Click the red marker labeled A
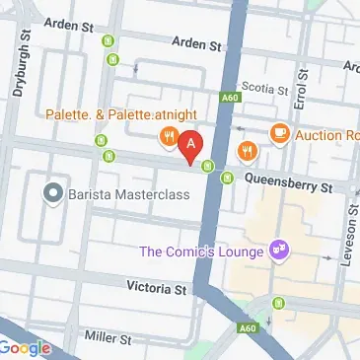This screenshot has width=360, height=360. pos(191,145)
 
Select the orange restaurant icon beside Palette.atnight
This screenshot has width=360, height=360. pos(169,136)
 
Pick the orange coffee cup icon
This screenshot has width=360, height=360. pos(280,132)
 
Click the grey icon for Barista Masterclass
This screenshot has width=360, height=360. pos(52,193)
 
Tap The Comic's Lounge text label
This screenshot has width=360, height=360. pos(201,251)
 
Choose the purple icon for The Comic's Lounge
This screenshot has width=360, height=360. pos(279,251)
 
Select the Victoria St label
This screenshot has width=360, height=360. pos(157,289)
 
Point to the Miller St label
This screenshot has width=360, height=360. pos(108,339)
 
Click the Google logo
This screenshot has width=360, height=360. pos(26,347)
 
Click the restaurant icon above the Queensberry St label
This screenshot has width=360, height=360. pos(246,152)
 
